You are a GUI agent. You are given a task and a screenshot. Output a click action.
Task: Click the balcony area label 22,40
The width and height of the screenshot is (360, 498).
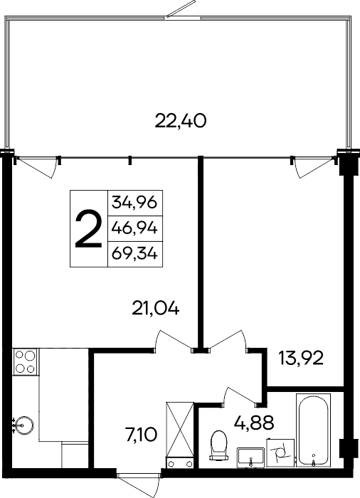pos(180,122)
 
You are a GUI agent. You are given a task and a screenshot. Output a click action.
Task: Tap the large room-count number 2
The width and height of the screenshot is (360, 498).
pos(88,229)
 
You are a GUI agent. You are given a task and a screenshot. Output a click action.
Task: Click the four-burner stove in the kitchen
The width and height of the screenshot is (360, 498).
pos(24,361)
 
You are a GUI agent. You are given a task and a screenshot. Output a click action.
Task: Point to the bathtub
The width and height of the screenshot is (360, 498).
pos(313,431)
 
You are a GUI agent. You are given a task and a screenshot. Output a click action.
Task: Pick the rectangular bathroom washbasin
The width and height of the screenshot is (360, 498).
pos(250,456)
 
